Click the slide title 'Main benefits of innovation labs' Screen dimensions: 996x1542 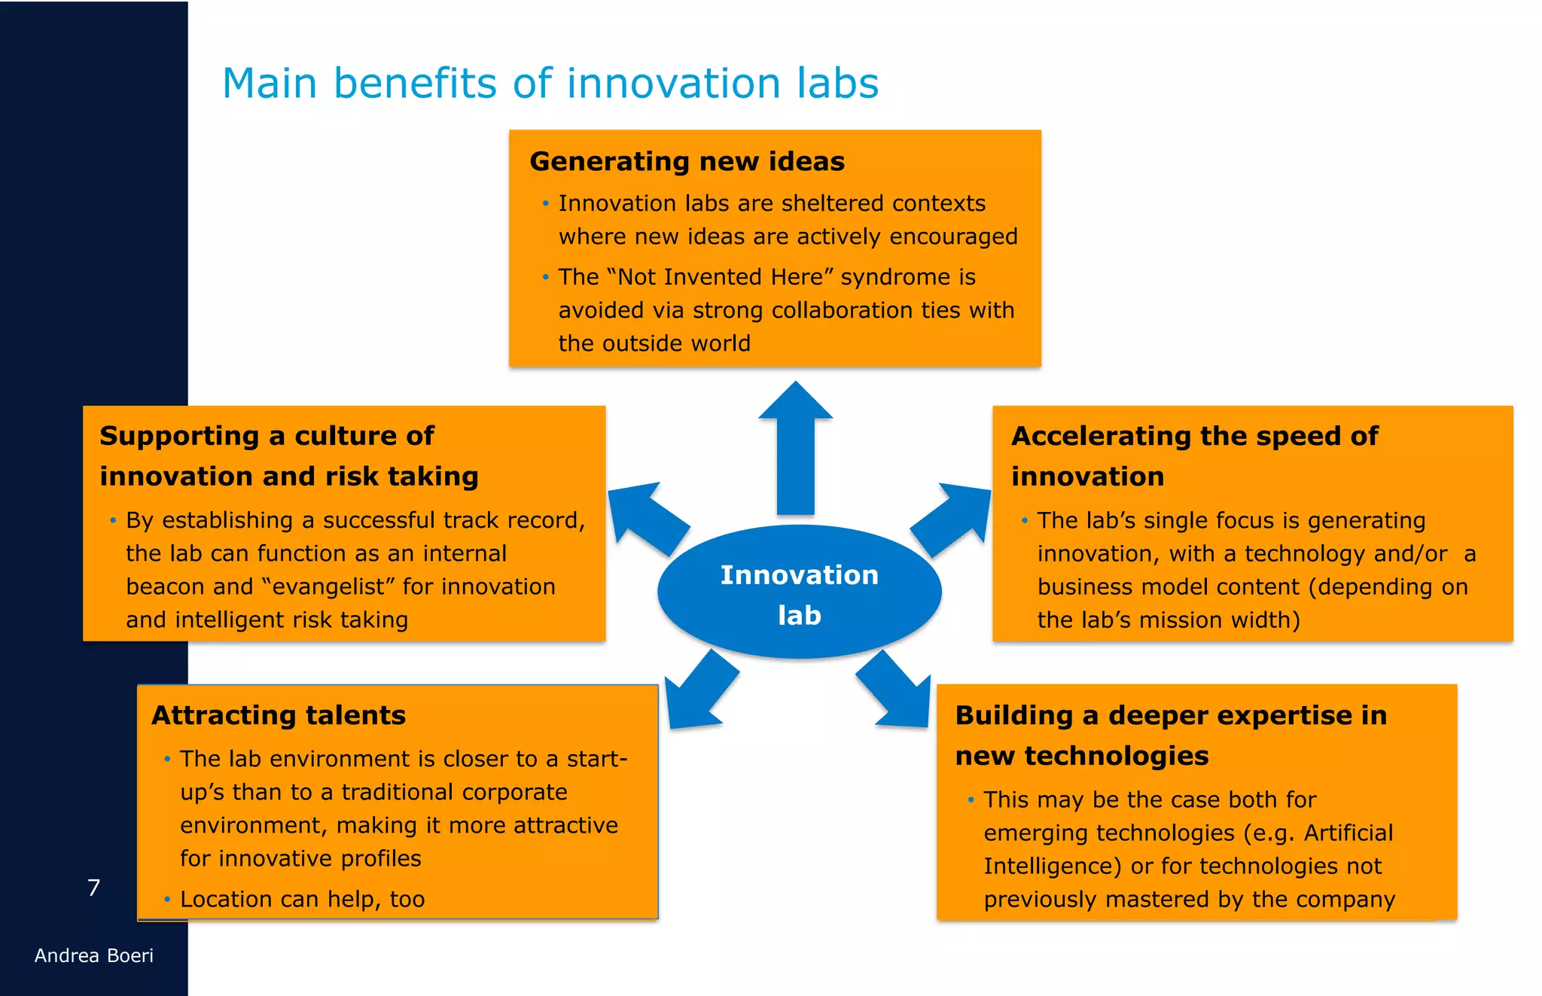(550, 83)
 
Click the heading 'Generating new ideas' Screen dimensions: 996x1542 (687, 161)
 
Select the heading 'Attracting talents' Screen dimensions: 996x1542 (279, 714)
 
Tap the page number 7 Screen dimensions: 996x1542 (93, 888)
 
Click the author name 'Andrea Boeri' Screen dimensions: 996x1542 (93, 955)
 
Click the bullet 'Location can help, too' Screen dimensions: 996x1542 (302, 899)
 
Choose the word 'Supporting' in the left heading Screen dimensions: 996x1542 (179, 436)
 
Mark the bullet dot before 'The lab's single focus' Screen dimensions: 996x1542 (1024, 520)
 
